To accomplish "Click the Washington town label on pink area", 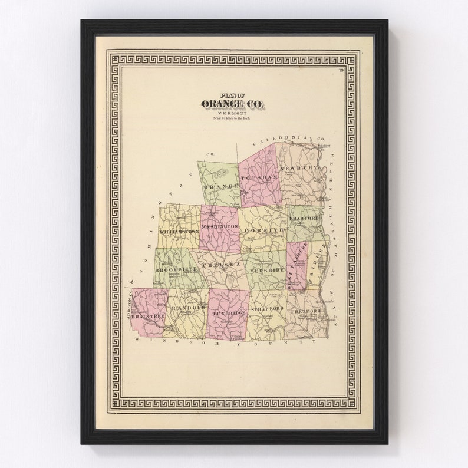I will pyautogui.click(x=220, y=226).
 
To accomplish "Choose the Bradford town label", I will pyautogui.click(x=305, y=218).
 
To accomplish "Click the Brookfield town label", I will pyautogui.click(x=176, y=269).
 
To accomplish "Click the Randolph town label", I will pyautogui.click(x=188, y=307).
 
